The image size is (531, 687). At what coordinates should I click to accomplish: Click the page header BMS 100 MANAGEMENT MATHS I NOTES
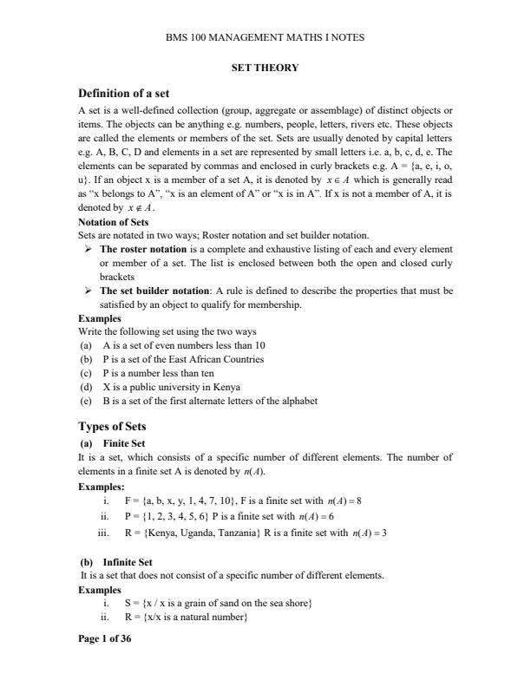pyautogui.click(x=265, y=37)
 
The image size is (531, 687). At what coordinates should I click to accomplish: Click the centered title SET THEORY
pyautogui.click(x=265, y=67)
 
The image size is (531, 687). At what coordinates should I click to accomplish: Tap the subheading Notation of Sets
pyautogui.click(x=114, y=223)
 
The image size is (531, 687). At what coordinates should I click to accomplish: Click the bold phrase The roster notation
pyautogui.click(x=143, y=249)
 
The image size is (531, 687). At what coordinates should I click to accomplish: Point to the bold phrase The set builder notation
pyautogui.click(x=151, y=291)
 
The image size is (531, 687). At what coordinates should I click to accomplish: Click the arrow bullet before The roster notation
pyautogui.click(x=88, y=249)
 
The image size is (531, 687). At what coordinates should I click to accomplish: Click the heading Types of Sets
pyautogui.click(x=112, y=427)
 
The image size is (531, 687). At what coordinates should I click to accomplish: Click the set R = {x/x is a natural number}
pyautogui.click(x=187, y=617)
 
